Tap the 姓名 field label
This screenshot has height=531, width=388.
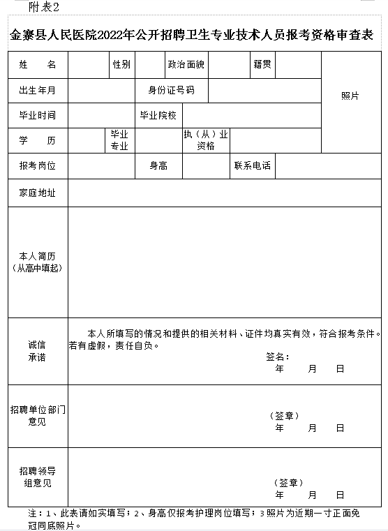[38, 65]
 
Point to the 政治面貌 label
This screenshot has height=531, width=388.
[186, 65]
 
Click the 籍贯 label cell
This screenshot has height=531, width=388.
[262, 65]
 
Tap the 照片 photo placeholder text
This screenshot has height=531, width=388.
[350, 96]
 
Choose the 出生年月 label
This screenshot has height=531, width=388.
[38, 91]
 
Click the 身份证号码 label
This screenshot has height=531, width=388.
[171, 91]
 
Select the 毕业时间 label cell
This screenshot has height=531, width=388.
[38, 115]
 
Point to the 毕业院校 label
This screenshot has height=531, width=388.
[158, 115]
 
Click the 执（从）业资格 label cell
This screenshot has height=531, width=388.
[206, 140]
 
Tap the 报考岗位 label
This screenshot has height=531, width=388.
[38, 166]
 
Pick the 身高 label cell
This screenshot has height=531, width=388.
[158, 166]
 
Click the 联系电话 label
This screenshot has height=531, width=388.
[253, 166]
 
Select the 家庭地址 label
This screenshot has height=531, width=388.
[38, 193]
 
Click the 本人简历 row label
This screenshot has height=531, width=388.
[38, 262]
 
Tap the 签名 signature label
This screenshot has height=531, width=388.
[277, 357]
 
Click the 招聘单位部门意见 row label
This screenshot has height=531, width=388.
[38, 416]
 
